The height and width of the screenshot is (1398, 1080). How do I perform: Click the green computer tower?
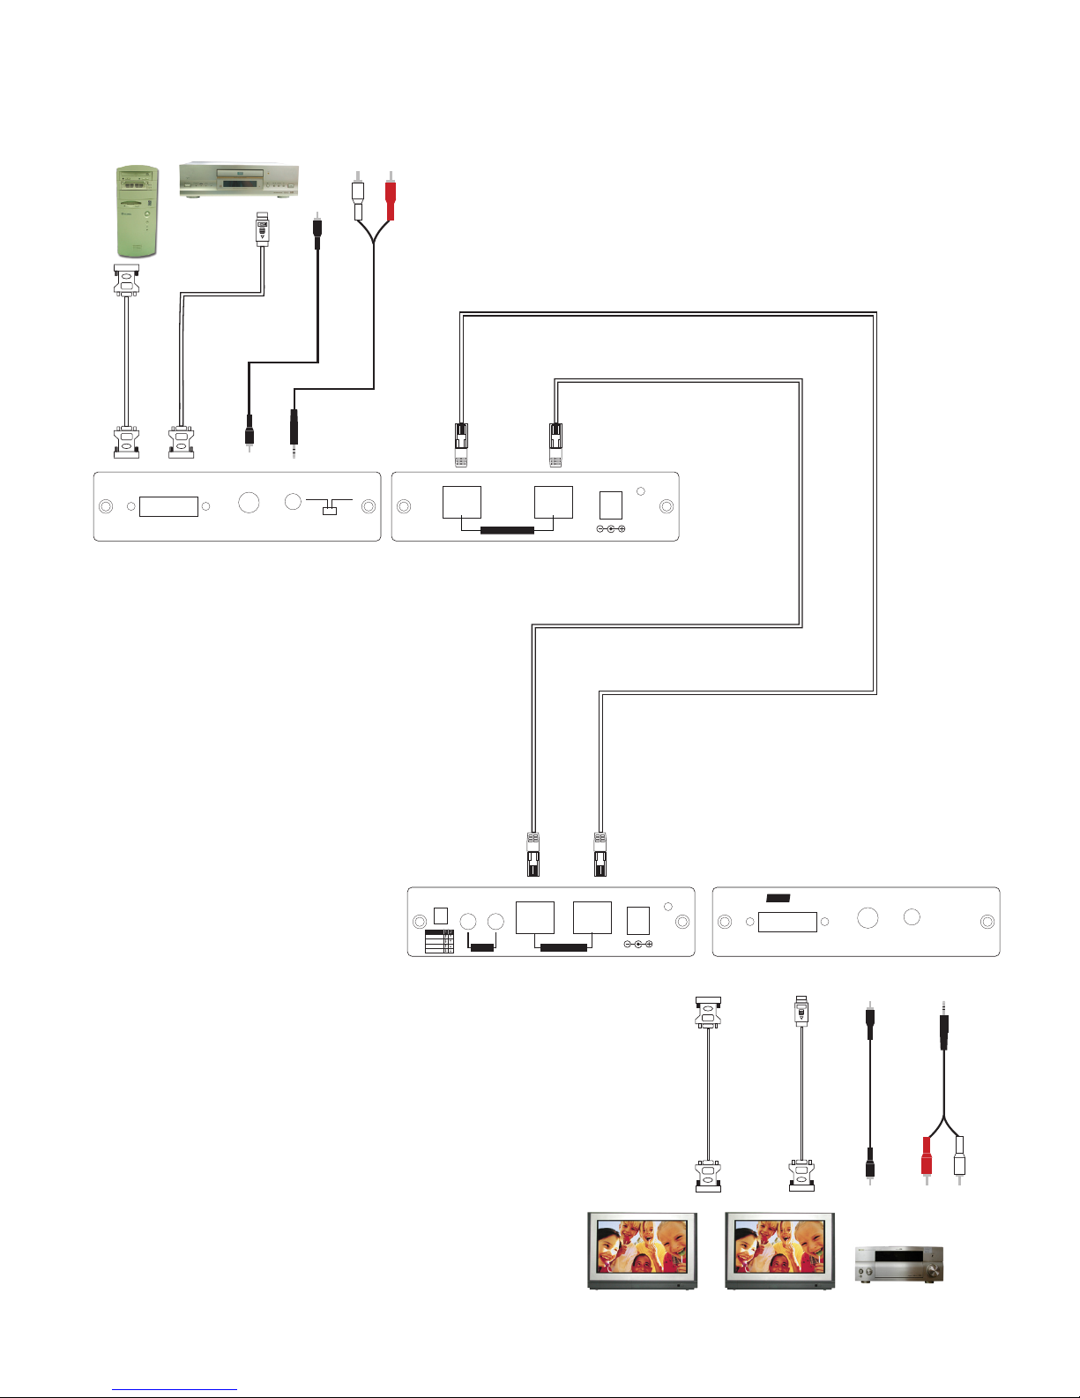point(136,212)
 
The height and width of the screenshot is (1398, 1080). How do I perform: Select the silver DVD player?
point(239,180)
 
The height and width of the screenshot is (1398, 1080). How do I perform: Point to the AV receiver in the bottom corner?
point(899,1264)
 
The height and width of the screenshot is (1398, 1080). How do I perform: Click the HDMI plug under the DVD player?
point(262,229)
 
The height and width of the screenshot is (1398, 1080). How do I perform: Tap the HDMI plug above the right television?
point(801,1011)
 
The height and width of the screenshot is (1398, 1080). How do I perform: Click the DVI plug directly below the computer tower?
point(127,280)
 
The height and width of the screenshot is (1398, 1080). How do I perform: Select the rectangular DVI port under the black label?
point(787,923)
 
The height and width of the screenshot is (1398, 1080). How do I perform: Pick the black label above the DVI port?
point(778,898)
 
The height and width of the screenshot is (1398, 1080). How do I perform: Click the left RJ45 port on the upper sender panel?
point(461,503)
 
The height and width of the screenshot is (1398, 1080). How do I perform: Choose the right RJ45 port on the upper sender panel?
point(554,503)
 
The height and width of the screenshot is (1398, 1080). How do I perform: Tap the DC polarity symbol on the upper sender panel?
point(610,529)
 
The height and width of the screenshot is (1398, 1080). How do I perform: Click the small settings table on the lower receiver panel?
point(439,941)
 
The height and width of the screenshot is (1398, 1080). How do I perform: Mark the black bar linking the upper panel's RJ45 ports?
point(507,530)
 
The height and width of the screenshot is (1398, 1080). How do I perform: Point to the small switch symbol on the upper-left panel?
point(330,509)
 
